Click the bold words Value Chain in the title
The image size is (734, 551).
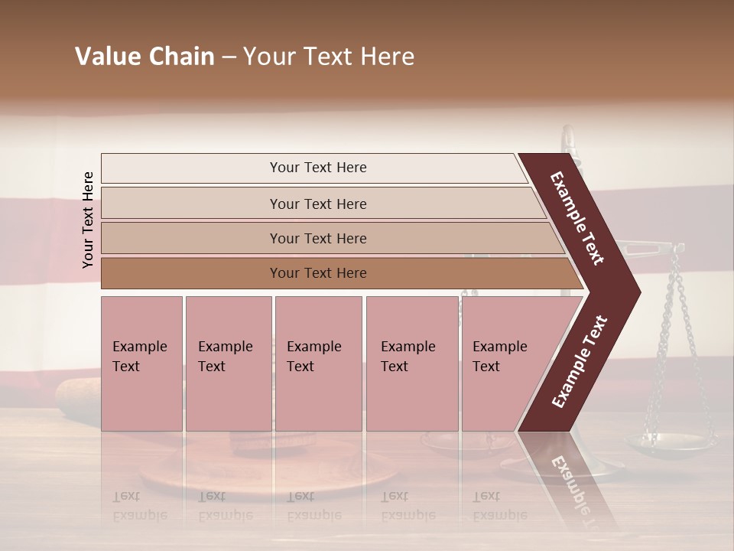click(x=145, y=57)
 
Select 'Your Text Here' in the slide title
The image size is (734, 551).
click(x=329, y=57)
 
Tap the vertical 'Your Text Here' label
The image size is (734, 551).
click(x=88, y=220)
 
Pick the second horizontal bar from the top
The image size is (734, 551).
click(x=317, y=204)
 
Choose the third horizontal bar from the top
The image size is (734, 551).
click(x=317, y=238)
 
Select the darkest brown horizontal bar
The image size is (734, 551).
click(x=317, y=273)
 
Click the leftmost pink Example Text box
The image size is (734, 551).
click(x=141, y=364)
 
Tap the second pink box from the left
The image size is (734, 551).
click(x=228, y=364)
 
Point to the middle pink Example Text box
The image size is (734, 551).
click(x=318, y=364)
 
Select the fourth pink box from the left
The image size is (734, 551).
click(x=412, y=364)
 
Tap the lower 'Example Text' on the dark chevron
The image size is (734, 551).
click(x=579, y=362)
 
